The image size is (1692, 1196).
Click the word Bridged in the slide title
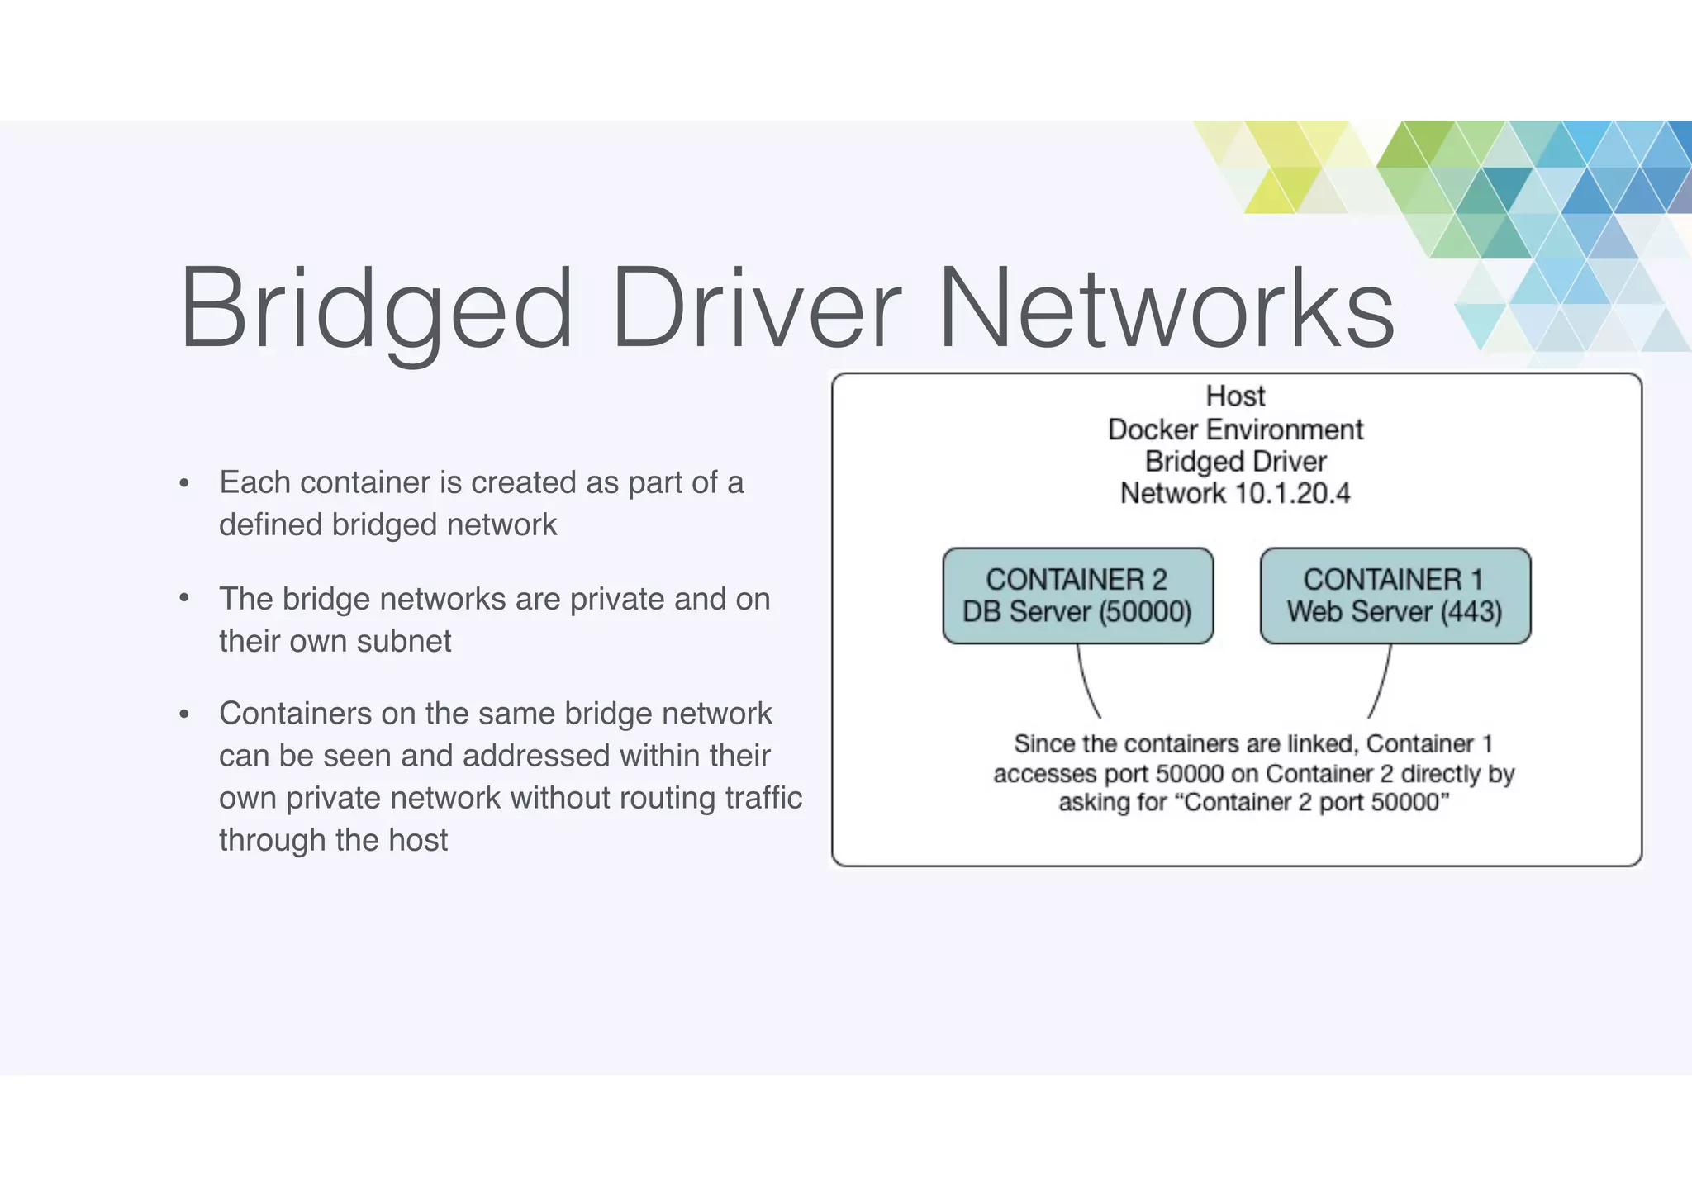coord(376,309)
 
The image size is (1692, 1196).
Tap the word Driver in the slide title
coord(756,309)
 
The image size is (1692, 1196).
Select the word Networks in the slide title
coord(1166,309)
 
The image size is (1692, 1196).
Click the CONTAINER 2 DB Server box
coord(1077,596)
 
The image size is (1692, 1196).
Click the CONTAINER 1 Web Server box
coord(1395,596)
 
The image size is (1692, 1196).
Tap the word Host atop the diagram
coord(1235,396)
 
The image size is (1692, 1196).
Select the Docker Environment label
coord(1235,430)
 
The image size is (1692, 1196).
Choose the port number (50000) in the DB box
coord(1145,612)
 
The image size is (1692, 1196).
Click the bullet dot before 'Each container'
coord(184,484)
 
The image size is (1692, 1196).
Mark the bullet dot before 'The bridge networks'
coord(184,599)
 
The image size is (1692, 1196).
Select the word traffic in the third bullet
coord(763,798)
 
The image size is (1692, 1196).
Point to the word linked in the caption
coord(1322,744)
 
